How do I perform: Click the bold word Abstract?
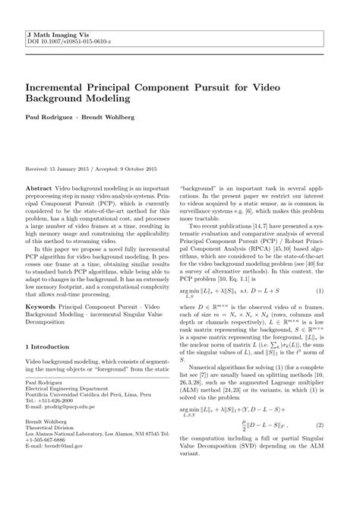click(x=39, y=186)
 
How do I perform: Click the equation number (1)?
click(x=320, y=292)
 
